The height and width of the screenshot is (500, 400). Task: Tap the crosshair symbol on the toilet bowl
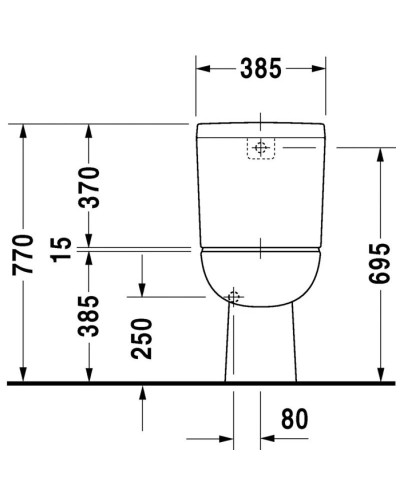click(234, 296)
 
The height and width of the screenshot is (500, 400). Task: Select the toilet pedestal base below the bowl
click(260, 345)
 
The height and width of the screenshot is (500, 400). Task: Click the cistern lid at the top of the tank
click(261, 129)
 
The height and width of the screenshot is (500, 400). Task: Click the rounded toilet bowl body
click(261, 275)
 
